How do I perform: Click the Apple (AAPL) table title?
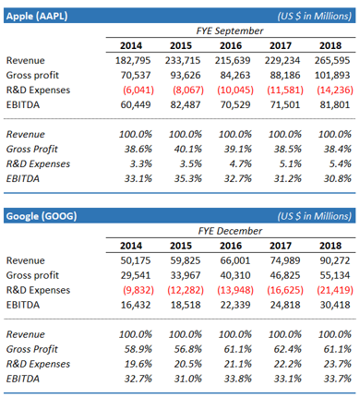click(37, 16)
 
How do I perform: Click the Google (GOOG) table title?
click(42, 216)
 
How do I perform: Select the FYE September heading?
click(230, 30)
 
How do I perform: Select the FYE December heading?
click(230, 231)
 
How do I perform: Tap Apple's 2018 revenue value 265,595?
click(332, 60)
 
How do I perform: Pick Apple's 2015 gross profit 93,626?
click(186, 75)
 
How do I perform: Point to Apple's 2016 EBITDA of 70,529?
click(235, 104)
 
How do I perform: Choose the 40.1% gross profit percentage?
click(188, 149)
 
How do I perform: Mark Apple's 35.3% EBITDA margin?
click(188, 178)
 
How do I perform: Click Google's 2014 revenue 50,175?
click(136, 260)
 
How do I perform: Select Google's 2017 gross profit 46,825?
click(285, 275)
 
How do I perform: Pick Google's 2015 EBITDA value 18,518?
click(186, 305)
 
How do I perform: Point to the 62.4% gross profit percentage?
click(288, 349)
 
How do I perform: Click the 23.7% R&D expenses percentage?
click(338, 364)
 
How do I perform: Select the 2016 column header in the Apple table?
click(231, 45)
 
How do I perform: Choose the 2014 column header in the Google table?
click(131, 246)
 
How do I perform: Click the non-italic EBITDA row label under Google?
click(23, 305)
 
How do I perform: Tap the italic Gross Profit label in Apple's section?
click(32, 149)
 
